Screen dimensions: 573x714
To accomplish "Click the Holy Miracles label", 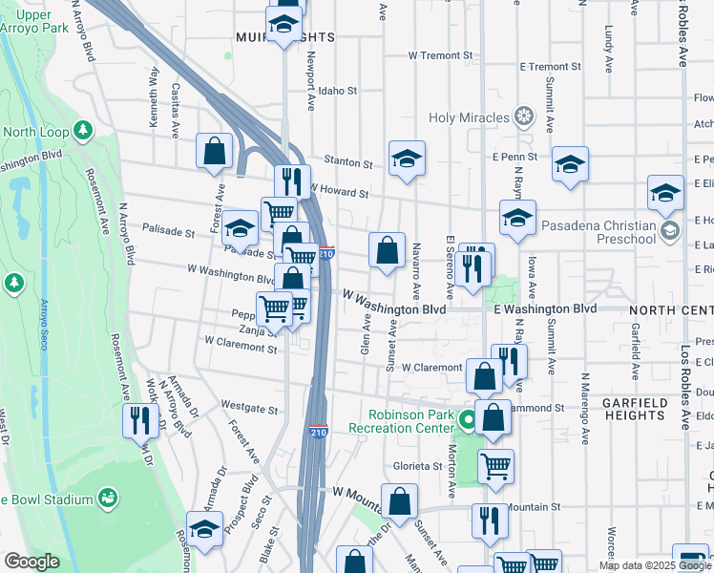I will point(469,117).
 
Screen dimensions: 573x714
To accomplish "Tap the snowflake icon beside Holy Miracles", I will point(523,117).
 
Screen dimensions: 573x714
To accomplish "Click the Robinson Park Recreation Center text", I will point(410,422).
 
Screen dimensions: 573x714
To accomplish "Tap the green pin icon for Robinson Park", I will point(468,419).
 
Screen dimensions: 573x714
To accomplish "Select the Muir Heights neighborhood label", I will point(285,37).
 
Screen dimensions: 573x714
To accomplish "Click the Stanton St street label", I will point(346,160).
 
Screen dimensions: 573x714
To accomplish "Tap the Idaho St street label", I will point(338,92).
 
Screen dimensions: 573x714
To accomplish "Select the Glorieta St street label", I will point(417,465).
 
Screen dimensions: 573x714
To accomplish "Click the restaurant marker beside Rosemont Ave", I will point(141,419).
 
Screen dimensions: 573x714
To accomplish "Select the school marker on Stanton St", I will point(407,159).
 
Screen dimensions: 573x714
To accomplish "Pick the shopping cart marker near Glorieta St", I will point(495,467).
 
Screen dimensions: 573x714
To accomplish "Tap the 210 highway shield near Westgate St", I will point(318,433).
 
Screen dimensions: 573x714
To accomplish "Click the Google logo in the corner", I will point(31,562).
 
